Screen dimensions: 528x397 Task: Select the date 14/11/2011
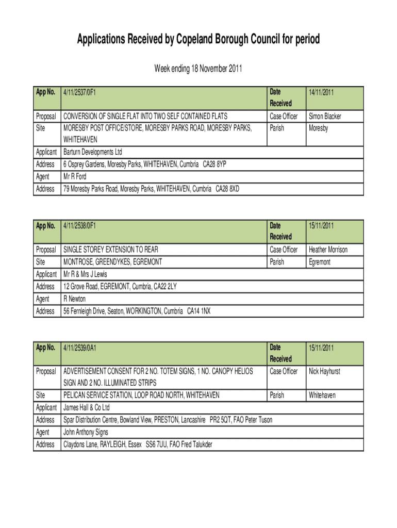click(321, 93)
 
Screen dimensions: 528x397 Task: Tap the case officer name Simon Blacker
click(325, 117)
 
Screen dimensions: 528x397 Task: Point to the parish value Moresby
click(318, 128)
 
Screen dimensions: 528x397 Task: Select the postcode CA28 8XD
click(227, 189)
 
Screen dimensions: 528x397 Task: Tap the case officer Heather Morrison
click(328, 250)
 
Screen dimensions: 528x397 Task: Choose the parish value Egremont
click(320, 262)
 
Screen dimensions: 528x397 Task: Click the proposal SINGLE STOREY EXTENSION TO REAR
click(110, 250)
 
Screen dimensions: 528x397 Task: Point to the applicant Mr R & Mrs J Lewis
click(85, 274)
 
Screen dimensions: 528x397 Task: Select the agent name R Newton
click(74, 299)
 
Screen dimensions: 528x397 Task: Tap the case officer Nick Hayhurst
click(324, 371)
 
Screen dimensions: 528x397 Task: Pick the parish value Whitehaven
click(322, 395)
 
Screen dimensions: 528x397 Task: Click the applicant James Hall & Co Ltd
click(86, 408)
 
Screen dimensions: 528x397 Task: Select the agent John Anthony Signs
click(86, 433)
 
